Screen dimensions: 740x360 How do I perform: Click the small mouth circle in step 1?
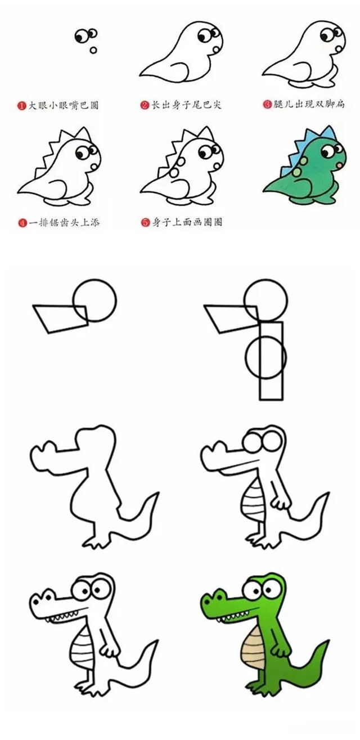coord(93,50)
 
